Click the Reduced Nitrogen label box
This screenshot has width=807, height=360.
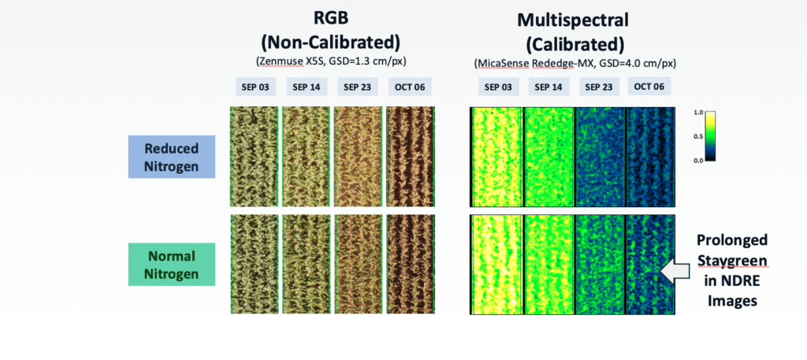click(171, 156)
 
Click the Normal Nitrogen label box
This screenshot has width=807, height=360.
click(171, 264)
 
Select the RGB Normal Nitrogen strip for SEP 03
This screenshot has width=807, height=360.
click(254, 265)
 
